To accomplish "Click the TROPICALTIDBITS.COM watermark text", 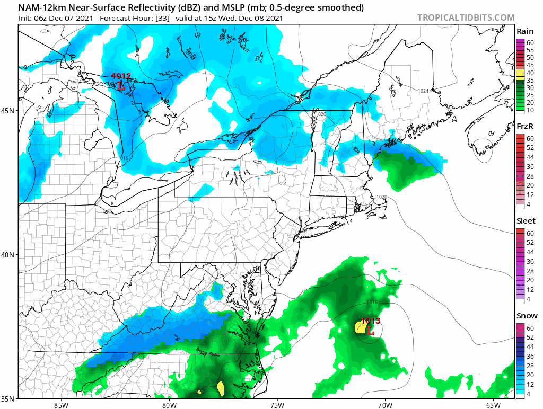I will (466, 17).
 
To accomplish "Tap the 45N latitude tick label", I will (10, 111).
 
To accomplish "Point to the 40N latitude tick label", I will (10, 255).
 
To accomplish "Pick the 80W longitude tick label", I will (169, 405).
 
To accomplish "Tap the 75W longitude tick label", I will (277, 405).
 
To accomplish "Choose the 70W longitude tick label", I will (384, 405).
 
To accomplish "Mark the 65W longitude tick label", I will (493, 405).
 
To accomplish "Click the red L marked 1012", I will (121, 85).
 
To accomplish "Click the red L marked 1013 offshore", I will (371, 330).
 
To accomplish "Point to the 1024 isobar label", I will (423, 91).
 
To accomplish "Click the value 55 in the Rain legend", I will (529, 50).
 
